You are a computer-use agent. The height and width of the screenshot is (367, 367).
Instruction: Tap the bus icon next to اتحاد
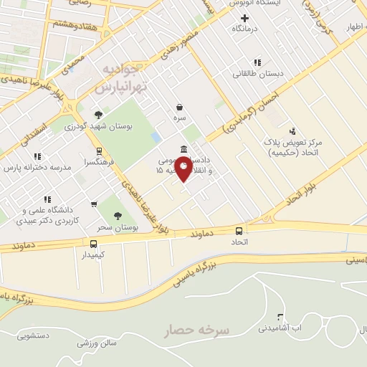pyautogui.click(x=239, y=231)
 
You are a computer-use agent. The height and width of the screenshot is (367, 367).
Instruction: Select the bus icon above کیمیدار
pyautogui.click(x=94, y=244)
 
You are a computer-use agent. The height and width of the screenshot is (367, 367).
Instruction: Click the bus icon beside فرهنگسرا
pyautogui.click(x=99, y=151)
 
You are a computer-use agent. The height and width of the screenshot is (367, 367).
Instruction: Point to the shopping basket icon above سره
pyautogui.click(x=178, y=107)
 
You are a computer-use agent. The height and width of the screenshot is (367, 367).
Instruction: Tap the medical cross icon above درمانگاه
pyautogui.click(x=244, y=18)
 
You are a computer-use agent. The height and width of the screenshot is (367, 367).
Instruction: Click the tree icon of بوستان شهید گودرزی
pyautogui.click(x=98, y=115)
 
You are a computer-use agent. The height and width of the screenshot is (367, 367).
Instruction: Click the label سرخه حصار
pyautogui.click(x=196, y=330)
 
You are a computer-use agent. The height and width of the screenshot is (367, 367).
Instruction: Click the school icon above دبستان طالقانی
pyautogui.click(x=257, y=62)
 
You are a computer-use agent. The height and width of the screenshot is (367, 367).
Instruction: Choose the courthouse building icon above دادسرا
pyautogui.click(x=185, y=149)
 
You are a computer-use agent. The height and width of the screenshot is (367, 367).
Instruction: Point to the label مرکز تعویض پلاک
pyautogui.click(x=293, y=143)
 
